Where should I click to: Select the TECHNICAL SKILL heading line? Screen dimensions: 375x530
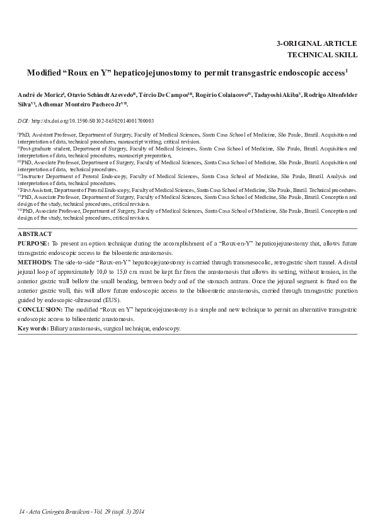coord(322,54)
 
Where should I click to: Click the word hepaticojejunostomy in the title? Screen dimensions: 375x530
coord(153,73)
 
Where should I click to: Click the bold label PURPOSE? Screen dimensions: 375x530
coord(33,242)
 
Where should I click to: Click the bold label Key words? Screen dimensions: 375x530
coord(33,329)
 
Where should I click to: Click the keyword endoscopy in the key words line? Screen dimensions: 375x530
coord(166,329)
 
